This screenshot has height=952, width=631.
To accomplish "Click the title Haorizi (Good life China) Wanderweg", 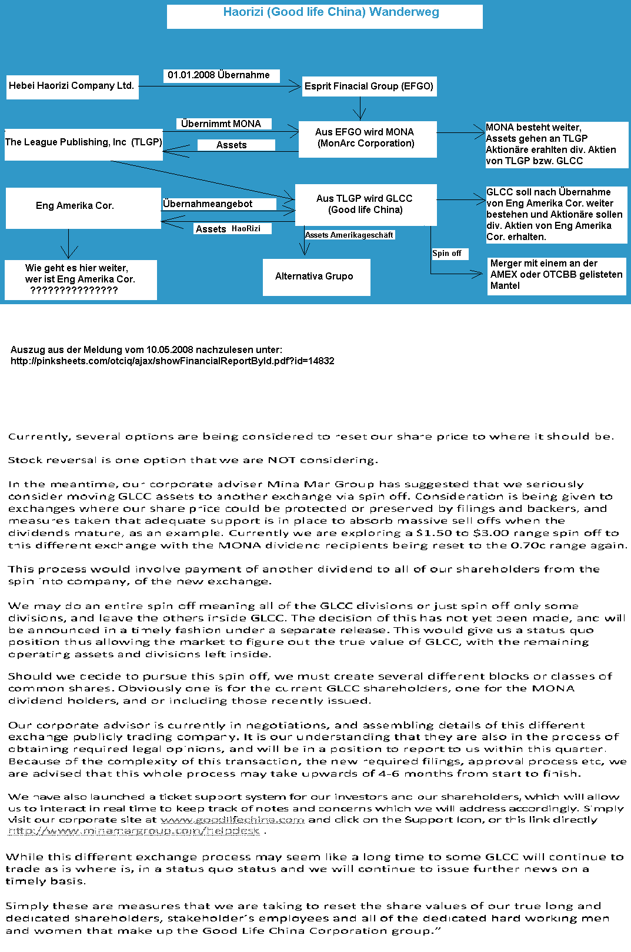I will pyautogui.click(x=330, y=12).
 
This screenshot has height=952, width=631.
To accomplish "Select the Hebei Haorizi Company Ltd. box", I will pyautogui.click(x=72, y=86).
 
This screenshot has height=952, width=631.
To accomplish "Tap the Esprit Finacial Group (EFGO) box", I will pyautogui.click(x=369, y=86).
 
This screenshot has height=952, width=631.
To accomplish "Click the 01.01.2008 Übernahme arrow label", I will pyautogui.click(x=219, y=75).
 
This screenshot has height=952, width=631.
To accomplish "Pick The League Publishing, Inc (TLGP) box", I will pyautogui.click(x=84, y=142).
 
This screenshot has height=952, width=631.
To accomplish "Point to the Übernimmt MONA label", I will pyautogui.click(x=221, y=124).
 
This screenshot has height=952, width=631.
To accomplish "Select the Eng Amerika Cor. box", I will pyautogui.click(x=75, y=206).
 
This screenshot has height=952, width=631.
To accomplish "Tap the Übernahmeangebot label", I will pyautogui.click(x=208, y=204).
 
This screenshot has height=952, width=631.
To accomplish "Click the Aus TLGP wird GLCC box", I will pyautogui.click(x=365, y=204).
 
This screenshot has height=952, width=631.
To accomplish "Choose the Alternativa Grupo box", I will pyautogui.click(x=315, y=277).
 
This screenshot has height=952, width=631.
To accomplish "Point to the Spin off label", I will pyautogui.click(x=447, y=254).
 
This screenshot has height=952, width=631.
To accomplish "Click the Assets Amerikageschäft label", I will pyautogui.click(x=349, y=235).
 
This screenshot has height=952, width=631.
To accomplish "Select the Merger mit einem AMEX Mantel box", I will pyautogui.click(x=556, y=275).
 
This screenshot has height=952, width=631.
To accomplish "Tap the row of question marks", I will pyautogui.click(x=74, y=291).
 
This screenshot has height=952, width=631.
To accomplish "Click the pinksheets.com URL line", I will pyautogui.click(x=172, y=361).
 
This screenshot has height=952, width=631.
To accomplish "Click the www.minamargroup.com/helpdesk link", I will pyautogui.click(x=134, y=831).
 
